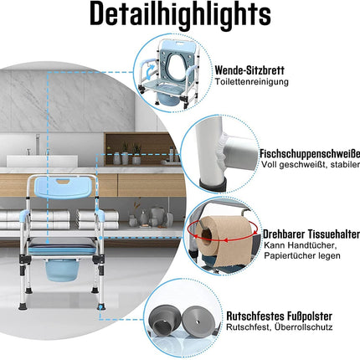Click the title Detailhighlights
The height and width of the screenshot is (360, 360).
pyautogui.click(x=180, y=14)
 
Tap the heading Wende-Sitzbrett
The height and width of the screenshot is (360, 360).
pyautogui.click(x=249, y=70)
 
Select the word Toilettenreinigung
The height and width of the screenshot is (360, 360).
pyautogui.click(x=251, y=82)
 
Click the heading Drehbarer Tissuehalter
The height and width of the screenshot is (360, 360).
pyautogui.click(x=311, y=234)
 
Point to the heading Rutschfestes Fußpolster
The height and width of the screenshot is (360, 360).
pyautogui.click(x=279, y=316)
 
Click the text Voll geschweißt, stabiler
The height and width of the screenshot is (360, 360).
pyautogui.click(x=311, y=165)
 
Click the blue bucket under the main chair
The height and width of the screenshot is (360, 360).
pyautogui.click(x=59, y=270)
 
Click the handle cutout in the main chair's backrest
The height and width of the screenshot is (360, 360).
pyautogui.click(x=64, y=181)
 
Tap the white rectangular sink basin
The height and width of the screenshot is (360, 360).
pyautogui.click(x=42, y=161)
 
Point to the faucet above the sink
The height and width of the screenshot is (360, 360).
pyautogui.click(x=37, y=144)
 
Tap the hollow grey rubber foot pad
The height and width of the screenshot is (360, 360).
pyautogui.click(x=164, y=321)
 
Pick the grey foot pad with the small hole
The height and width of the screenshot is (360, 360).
pyautogui.click(x=198, y=320)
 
